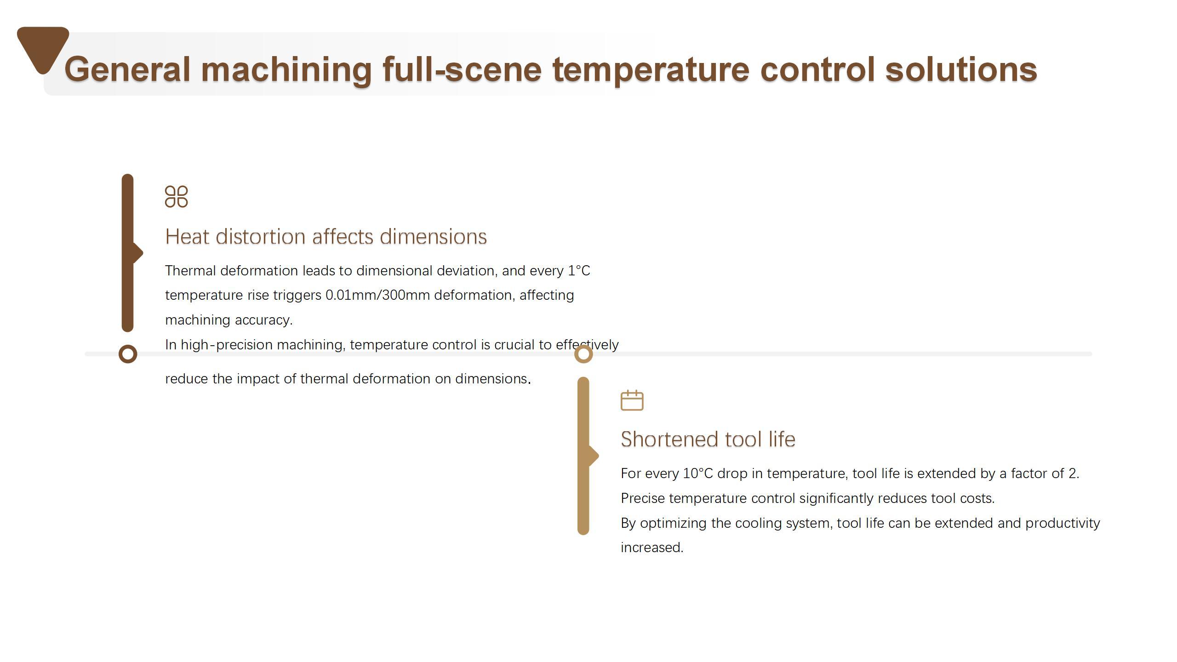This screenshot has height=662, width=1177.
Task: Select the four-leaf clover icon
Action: tap(177, 197)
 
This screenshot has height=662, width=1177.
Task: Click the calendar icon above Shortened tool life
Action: tap(632, 400)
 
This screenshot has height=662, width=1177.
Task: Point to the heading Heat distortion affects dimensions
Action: tap(326, 237)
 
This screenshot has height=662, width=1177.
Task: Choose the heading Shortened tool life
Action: tap(708, 439)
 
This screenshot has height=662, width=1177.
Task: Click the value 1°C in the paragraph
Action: tap(579, 271)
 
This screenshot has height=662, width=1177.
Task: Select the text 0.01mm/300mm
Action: tap(377, 295)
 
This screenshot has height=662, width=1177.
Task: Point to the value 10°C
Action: tap(698, 474)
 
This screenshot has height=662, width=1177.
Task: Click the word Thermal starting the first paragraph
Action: tap(191, 271)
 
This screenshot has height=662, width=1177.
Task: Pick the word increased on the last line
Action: tap(652, 548)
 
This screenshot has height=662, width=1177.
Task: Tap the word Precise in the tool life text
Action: tap(643, 498)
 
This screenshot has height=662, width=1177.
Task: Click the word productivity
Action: tap(1063, 524)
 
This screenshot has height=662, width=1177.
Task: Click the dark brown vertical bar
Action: tap(128, 253)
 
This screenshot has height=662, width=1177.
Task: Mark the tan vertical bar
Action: tap(583, 456)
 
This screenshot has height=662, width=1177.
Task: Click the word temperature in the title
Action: tap(651, 70)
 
